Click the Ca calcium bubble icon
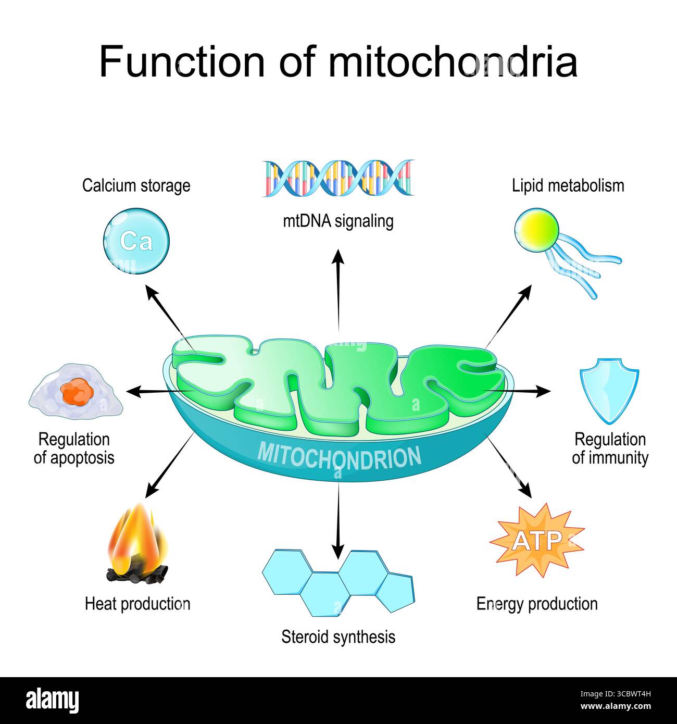[x=136, y=241]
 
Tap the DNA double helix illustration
[x=338, y=178]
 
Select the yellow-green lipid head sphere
[x=536, y=230]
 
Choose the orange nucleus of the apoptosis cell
[x=77, y=392]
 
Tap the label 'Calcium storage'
[x=136, y=185]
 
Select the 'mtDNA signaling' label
[x=338, y=221]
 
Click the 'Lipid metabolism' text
[x=568, y=185]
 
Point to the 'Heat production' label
[x=137, y=604]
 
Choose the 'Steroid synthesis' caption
[x=338, y=636]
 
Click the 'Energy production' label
[x=537, y=604]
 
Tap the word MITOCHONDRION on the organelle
[x=339, y=456]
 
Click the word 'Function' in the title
[x=182, y=61]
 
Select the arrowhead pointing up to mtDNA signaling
[x=338, y=256]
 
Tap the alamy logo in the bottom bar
[x=52, y=701]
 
